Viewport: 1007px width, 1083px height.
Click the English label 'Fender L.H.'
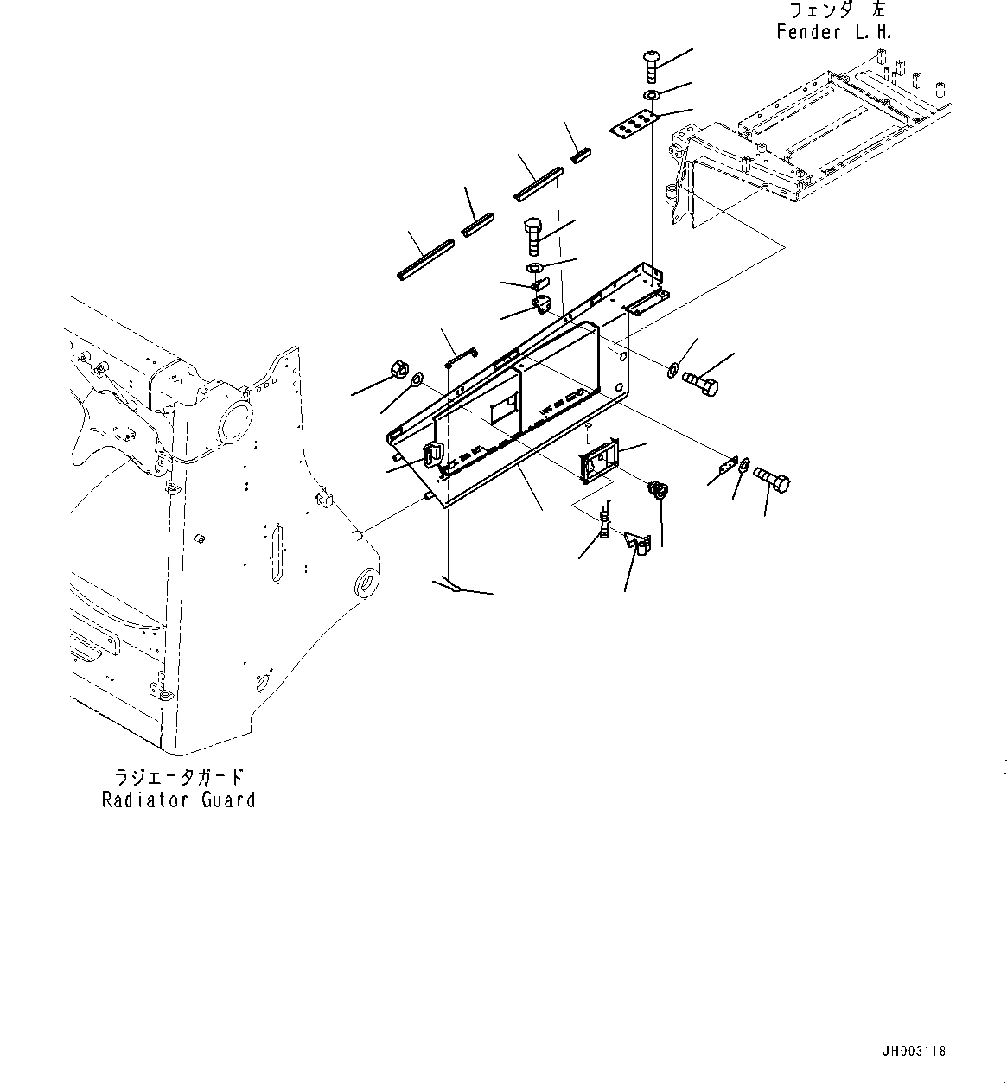point(833,33)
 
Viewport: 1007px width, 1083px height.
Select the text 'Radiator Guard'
point(178,800)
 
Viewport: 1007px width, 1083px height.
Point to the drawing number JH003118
point(914,1052)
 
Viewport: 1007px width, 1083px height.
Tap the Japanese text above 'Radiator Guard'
point(178,775)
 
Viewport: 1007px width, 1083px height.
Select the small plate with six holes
point(633,125)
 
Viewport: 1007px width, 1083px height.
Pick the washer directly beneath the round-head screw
point(652,94)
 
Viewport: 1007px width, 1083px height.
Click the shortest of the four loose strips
point(581,155)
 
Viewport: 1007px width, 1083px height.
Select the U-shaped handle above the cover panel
point(462,355)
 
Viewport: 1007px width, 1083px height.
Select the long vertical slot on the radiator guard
point(277,551)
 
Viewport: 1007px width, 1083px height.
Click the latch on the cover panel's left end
point(431,455)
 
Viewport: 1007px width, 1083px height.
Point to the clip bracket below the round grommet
point(640,545)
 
